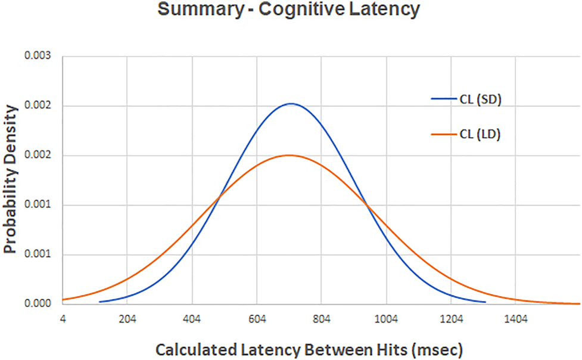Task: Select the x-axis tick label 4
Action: pyautogui.click(x=63, y=319)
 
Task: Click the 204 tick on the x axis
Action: pyautogui.click(x=127, y=319)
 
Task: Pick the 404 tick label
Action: pyautogui.click(x=192, y=319)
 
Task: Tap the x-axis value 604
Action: pyautogui.click(x=257, y=319)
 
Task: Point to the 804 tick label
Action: pyautogui.click(x=322, y=319)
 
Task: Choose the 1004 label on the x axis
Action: pyautogui.click(x=386, y=319)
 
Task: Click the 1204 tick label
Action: pyautogui.click(x=451, y=319)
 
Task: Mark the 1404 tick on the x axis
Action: pyautogui.click(x=516, y=319)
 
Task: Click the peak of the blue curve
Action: pyautogui.click(x=291, y=104)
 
